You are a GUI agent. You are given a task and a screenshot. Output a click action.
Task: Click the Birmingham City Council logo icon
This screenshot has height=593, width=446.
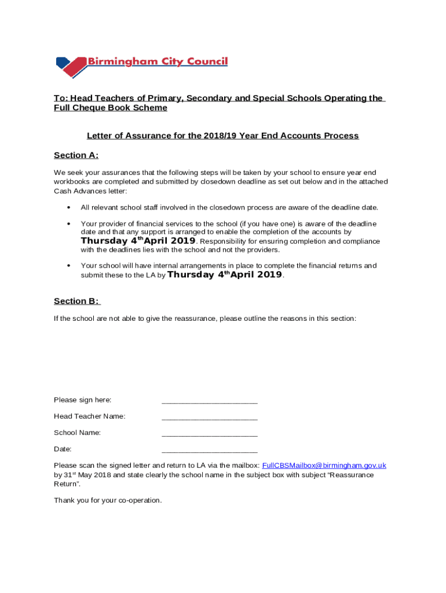pyautogui.click(x=70, y=67)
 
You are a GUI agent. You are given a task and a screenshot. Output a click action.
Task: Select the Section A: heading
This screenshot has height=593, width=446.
pyautogui.click(x=76, y=155)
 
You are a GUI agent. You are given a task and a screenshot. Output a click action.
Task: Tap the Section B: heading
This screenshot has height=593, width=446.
pyautogui.click(x=76, y=301)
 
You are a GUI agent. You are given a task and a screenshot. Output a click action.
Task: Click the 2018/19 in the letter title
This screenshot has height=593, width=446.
pyautogui.click(x=221, y=136)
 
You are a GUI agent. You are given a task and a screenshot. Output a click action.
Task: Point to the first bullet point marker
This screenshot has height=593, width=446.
pyautogui.click(x=69, y=207)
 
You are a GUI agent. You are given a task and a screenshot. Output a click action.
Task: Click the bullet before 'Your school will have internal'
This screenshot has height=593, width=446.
pyautogui.click(x=69, y=266)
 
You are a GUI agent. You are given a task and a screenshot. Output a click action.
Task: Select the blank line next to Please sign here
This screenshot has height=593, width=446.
pyautogui.click(x=209, y=401)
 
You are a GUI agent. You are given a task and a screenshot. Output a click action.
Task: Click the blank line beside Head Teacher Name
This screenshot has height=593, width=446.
pyautogui.click(x=209, y=417)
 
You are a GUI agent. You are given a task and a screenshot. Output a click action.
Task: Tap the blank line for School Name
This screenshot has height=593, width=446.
pyautogui.click(x=209, y=433)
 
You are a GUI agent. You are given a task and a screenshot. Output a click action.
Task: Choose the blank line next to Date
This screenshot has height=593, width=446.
pyautogui.click(x=209, y=449)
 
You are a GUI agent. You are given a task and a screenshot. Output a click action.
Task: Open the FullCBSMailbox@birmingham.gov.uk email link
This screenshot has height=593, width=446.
pyautogui.click(x=324, y=466)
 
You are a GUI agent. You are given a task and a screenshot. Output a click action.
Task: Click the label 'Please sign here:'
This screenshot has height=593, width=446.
pyautogui.click(x=82, y=400)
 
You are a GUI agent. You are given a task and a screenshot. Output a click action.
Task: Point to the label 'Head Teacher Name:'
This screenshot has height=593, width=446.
pyautogui.click(x=89, y=416)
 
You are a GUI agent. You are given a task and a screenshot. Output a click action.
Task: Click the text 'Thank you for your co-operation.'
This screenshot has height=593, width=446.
pyautogui.click(x=108, y=500)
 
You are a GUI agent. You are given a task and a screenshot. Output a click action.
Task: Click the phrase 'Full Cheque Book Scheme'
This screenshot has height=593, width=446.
pyautogui.click(x=110, y=108)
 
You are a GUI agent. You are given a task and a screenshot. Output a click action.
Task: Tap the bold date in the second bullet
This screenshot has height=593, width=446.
pyautogui.click(x=138, y=241)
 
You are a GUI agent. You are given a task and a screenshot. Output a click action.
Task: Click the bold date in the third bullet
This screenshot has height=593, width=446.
pyautogui.click(x=225, y=275)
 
